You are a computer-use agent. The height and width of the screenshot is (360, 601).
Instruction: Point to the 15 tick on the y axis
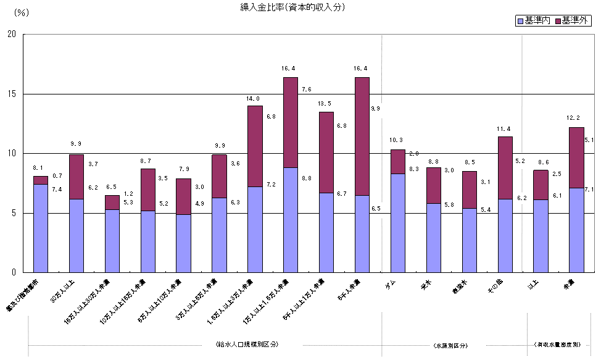pyautogui.click(x=12, y=94)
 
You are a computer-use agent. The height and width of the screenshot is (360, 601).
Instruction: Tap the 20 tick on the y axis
pyautogui.click(x=12, y=35)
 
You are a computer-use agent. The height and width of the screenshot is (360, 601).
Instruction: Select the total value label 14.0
pyautogui.click(x=254, y=98)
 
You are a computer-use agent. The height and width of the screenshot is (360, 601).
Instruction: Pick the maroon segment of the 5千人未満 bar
pyautogui.click(x=362, y=136)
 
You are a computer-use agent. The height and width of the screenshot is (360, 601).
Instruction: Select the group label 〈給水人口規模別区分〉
pyautogui.click(x=247, y=344)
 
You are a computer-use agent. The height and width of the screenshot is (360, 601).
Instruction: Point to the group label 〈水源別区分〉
pyautogui.click(x=450, y=344)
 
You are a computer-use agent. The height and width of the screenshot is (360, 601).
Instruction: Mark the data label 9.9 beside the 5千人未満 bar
pyautogui.click(x=376, y=108)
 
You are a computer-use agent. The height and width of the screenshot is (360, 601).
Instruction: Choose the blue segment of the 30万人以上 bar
pyautogui.click(x=77, y=235)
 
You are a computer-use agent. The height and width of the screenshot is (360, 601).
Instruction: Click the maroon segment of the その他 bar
pyautogui.click(x=505, y=167)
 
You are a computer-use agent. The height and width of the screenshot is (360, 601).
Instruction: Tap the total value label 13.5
pyautogui.click(x=325, y=104)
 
